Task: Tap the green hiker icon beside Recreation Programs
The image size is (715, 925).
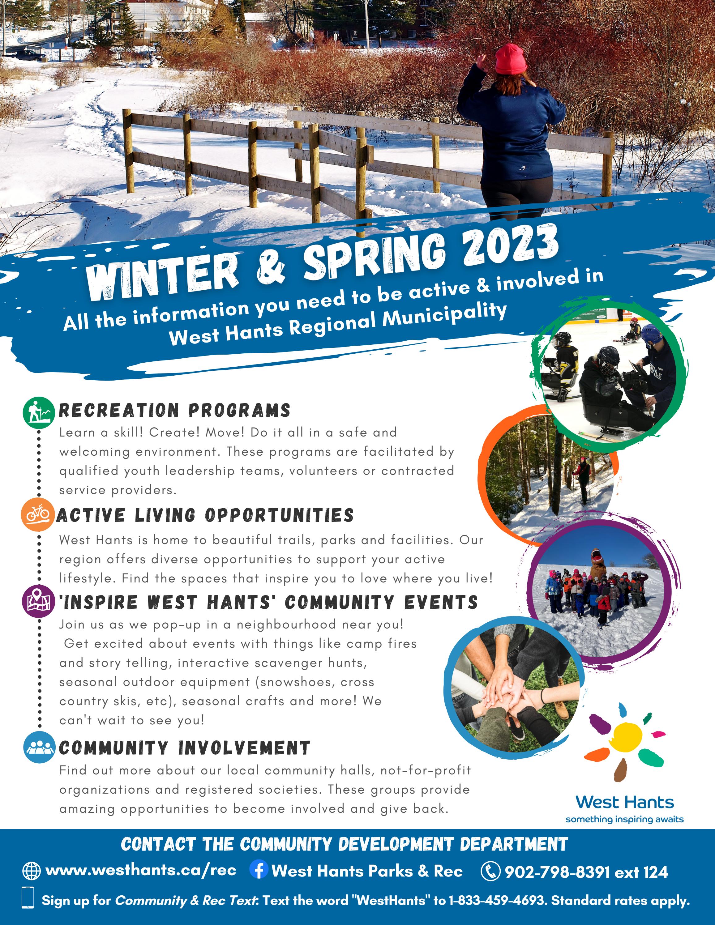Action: pos(39,412)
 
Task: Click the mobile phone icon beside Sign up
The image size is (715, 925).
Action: pos(28,897)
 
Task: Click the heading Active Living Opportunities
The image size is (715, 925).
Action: pos(205,515)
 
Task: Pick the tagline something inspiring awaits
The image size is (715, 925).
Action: pos(624,819)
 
